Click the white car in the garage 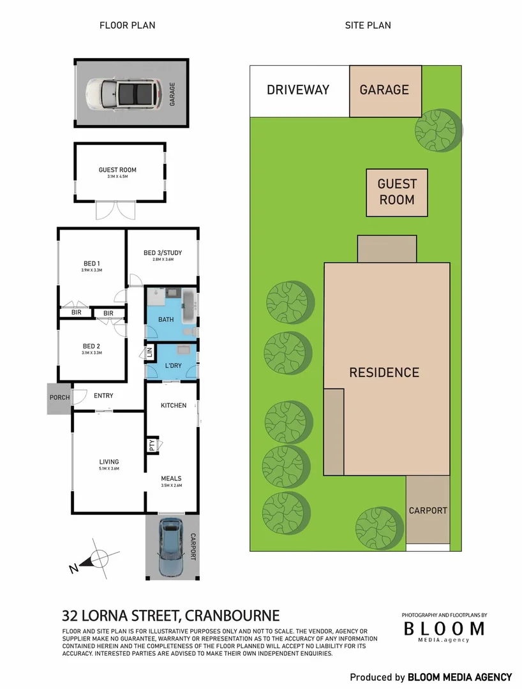click(x=122, y=93)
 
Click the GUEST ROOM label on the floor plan click(x=117, y=170)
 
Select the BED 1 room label click(x=91, y=263)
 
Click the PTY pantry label click(x=152, y=444)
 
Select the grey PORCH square click(x=59, y=398)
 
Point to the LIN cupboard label click(x=150, y=353)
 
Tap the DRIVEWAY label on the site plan click(x=298, y=90)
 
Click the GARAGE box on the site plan click(x=385, y=90)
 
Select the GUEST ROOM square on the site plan click(x=397, y=192)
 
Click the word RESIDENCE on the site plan click(x=384, y=373)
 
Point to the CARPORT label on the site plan click(x=428, y=511)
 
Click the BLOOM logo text click(x=444, y=628)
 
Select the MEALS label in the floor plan click(x=171, y=478)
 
